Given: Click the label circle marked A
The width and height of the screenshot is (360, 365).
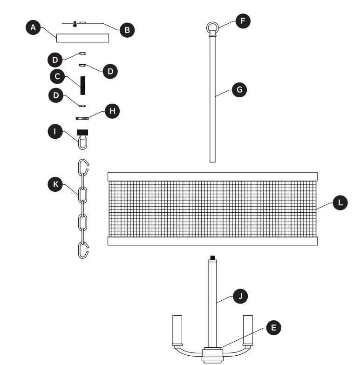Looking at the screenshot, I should coord(33,28).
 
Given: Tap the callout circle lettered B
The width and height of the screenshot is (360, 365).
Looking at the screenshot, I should coord(127,30).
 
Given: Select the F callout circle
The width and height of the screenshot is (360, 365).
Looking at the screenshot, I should coord(243,21).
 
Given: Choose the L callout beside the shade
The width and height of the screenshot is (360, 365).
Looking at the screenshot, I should coord(340,203).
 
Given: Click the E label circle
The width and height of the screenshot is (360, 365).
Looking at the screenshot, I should coord(273,328).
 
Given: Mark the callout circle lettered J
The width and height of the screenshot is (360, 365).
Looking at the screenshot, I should coord(240,296).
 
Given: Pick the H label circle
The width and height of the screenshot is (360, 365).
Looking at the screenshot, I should coord(112,111).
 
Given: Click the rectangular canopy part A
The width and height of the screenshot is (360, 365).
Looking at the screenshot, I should coord(82,38).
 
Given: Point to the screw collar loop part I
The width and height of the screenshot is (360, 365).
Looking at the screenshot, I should coord(83,139).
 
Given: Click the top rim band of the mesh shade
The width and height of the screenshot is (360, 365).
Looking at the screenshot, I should coord(212,176).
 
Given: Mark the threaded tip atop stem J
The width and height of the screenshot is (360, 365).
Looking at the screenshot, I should coord(212,257).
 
